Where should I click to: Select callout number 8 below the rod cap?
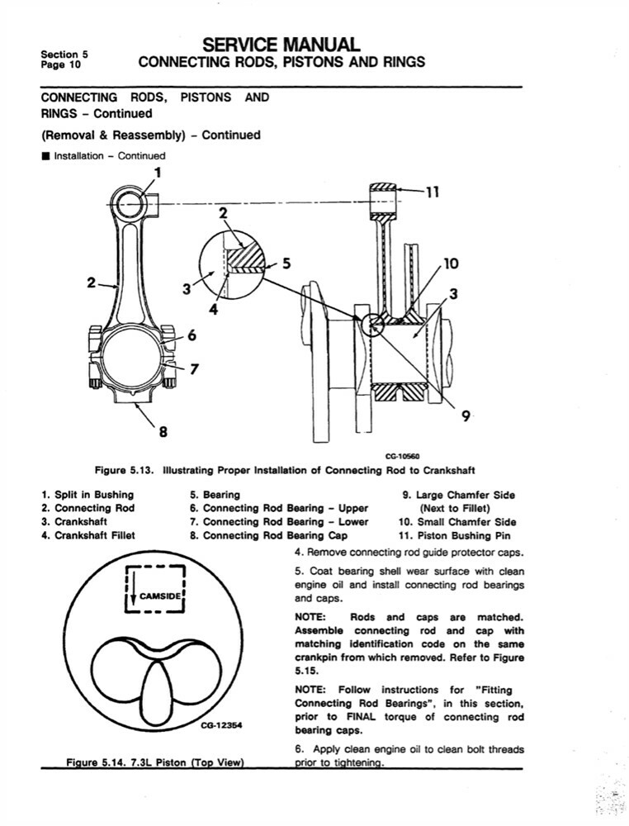[x=163, y=430]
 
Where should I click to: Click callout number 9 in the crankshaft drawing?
[x=466, y=416]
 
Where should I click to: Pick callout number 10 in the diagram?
[x=451, y=265]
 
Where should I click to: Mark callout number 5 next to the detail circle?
[x=286, y=264]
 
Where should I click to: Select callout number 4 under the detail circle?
[x=212, y=311]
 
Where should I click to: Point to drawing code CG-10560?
[x=403, y=456]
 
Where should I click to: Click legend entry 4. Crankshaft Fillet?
[x=88, y=535]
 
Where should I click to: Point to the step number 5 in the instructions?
[x=298, y=572]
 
